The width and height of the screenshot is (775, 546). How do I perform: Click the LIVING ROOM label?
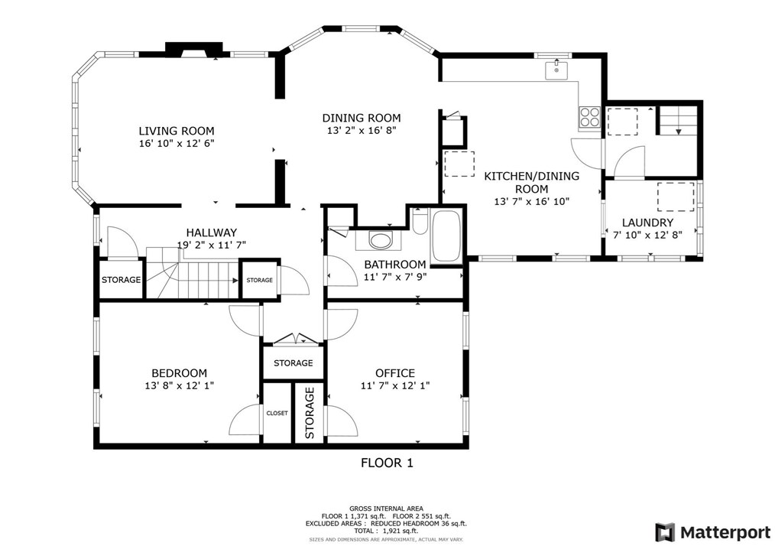click(176, 131)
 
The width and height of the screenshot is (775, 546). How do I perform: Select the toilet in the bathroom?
click(419, 221)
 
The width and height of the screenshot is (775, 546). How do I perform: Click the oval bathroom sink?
click(380, 240)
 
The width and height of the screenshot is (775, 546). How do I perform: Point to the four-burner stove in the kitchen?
click(589, 117)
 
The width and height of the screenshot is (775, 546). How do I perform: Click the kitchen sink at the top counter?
click(556, 70)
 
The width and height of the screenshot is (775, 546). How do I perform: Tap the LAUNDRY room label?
click(647, 223)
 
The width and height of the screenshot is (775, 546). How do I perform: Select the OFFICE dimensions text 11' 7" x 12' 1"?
click(394, 385)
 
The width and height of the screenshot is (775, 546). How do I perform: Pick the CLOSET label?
click(277, 413)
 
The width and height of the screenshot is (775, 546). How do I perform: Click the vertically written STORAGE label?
click(310, 413)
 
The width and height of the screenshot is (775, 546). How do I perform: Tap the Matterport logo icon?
click(665, 531)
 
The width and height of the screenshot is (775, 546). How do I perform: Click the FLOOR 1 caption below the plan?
click(387, 463)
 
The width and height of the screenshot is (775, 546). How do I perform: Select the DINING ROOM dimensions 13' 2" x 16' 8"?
click(361, 131)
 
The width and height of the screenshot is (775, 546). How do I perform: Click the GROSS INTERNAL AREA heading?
click(387, 509)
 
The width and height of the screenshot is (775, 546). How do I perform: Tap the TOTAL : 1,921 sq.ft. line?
click(387, 530)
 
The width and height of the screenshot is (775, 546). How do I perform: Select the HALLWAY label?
click(212, 232)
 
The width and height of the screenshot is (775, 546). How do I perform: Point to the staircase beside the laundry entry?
click(678, 119)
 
